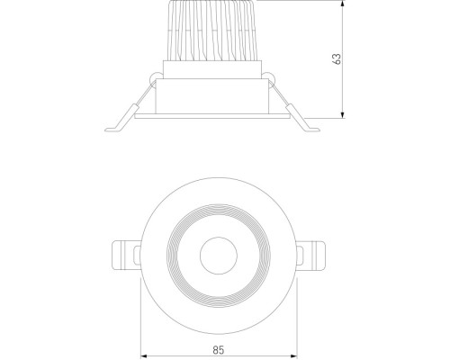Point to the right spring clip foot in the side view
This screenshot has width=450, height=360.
pyautogui.click(x=309, y=124)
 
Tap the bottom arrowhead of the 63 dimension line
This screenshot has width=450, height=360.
pyautogui.click(x=345, y=114)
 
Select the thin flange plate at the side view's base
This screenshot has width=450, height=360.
pyautogui.click(x=212, y=115)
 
